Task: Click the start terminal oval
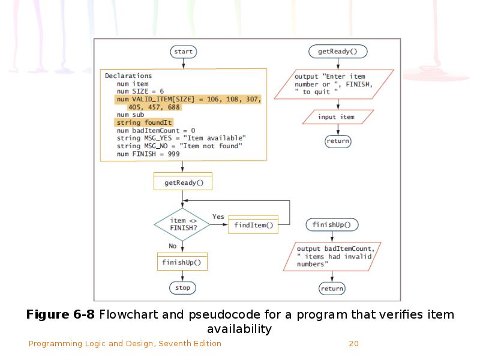pyautogui.click(x=183, y=52)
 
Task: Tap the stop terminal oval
pyautogui.click(x=182, y=288)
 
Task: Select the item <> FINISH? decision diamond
pyautogui.click(x=182, y=224)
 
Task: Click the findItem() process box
pyautogui.click(x=253, y=225)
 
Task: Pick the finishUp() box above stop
pyautogui.click(x=182, y=262)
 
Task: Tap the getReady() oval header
pyautogui.click(x=338, y=52)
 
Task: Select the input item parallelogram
pyautogui.click(x=336, y=117)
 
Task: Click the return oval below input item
pyautogui.click(x=337, y=142)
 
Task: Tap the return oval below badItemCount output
pyautogui.click(x=332, y=289)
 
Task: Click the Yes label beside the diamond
pyautogui.click(x=218, y=217)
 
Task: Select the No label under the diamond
pyautogui.click(x=173, y=246)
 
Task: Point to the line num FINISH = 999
pyautogui.click(x=148, y=154)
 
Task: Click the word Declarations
pyautogui.click(x=128, y=76)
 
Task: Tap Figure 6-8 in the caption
pyautogui.click(x=61, y=315)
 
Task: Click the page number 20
pyautogui.click(x=353, y=344)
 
